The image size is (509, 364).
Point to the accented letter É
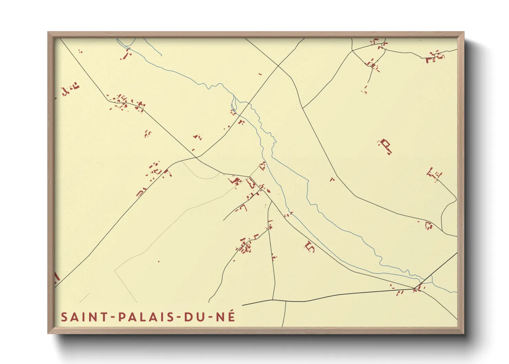pyautogui.click(x=231, y=316)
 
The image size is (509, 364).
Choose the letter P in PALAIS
pyautogui.click(x=122, y=317)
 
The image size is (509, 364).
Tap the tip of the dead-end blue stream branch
pyautogui.click(x=161, y=55)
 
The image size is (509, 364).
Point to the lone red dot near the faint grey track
pyautogui.click(x=159, y=261)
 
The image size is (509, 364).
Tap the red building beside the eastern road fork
pyautogui.click(x=428, y=225)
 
